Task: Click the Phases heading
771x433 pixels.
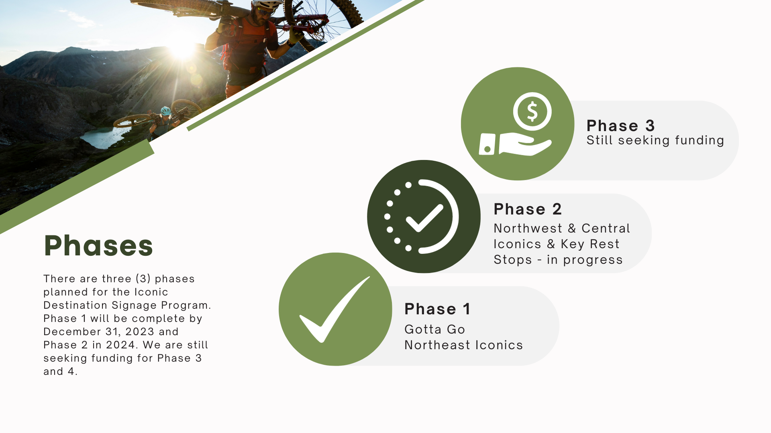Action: point(98,245)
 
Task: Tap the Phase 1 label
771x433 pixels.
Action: point(437,309)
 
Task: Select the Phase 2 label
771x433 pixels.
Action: point(528,209)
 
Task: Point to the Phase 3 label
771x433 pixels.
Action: point(620,126)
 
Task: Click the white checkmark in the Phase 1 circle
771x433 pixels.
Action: point(333,311)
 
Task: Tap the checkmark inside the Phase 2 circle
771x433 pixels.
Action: point(424,218)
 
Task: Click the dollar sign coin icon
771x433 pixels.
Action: point(532,111)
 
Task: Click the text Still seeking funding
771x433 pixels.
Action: point(655,140)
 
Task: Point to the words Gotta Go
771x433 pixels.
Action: point(434,329)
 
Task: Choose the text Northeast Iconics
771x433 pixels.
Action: point(464,345)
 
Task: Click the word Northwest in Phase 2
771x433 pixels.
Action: point(528,228)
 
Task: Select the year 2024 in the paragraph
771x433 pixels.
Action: point(120,345)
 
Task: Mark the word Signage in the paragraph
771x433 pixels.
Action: point(134,306)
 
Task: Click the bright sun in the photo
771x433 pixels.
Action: point(183,47)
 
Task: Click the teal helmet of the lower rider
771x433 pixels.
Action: point(165,110)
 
